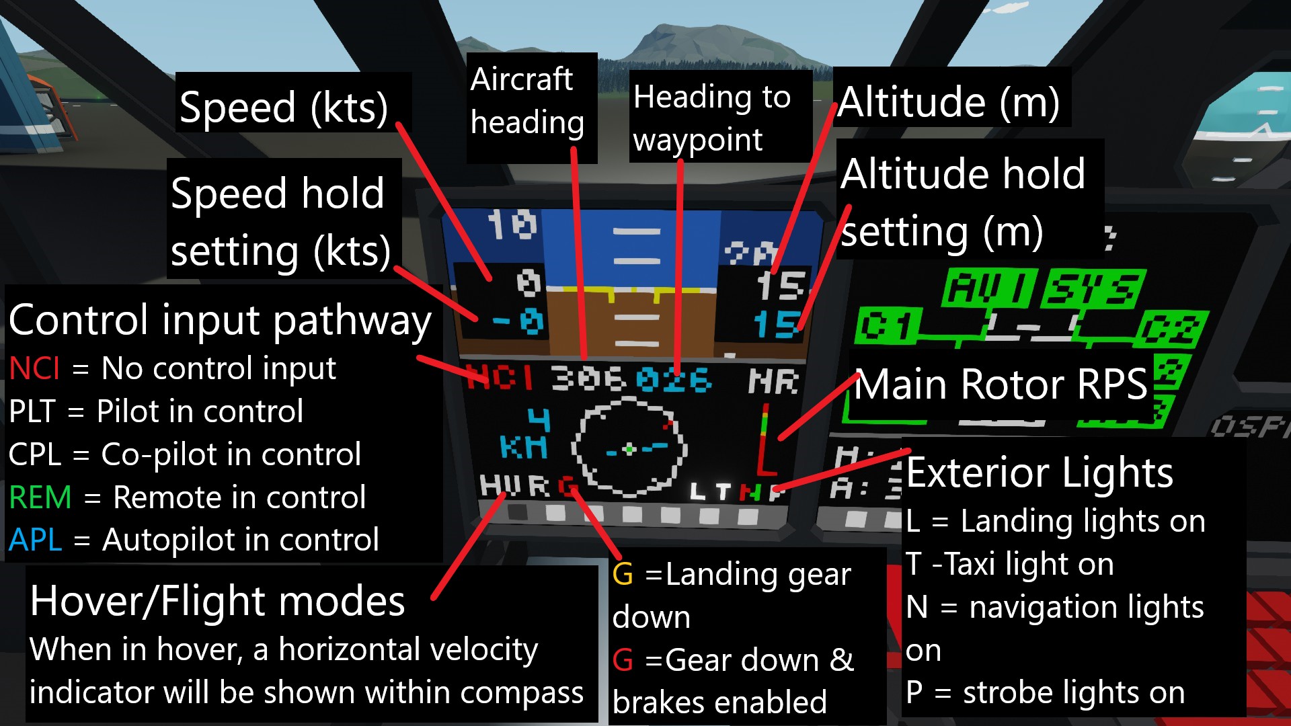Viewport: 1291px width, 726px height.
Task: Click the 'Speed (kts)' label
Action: point(284,108)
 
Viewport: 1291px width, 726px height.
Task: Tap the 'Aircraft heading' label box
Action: point(528,101)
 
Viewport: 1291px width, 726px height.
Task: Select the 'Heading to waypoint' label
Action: point(711,118)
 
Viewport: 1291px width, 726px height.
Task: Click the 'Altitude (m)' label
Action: point(949,102)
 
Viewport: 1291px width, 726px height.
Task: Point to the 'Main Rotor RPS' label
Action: point(1001,385)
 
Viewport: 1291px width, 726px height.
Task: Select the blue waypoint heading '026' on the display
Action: point(674,380)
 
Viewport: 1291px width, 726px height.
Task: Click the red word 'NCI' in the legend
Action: point(34,368)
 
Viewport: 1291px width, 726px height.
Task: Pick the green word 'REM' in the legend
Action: point(40,497)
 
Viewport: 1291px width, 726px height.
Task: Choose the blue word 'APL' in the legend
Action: point(36,540)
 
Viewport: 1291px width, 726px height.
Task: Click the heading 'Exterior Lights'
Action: point(1040,473)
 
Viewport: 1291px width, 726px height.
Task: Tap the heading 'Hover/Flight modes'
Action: point(217,600)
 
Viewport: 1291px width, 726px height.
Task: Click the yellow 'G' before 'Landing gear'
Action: point(623,574)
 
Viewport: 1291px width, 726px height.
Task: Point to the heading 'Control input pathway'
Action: point(220,320)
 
